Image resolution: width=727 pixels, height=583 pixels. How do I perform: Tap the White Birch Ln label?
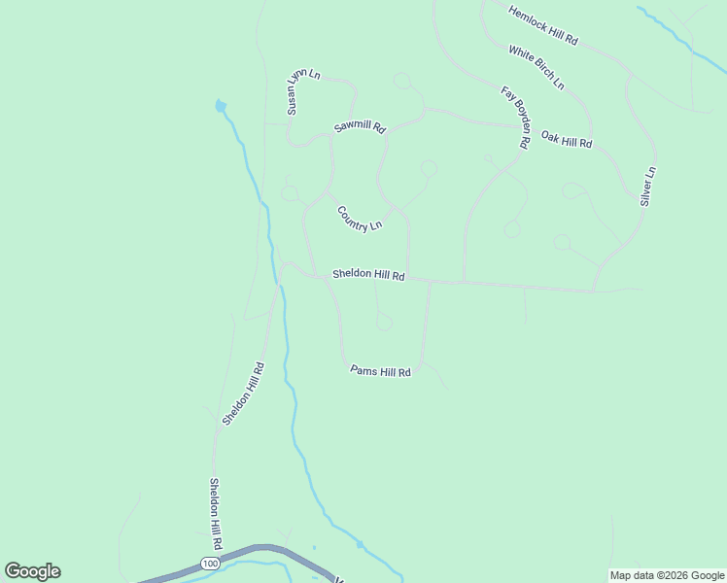click(536, 67)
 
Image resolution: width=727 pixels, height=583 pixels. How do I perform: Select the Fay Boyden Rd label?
click(514, 118)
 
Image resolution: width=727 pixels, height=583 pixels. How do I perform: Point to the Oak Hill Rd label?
click(567, 140)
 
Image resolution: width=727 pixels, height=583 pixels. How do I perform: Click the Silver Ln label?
click(648, 186)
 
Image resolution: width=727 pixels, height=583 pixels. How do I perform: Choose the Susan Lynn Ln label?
click(302, 92)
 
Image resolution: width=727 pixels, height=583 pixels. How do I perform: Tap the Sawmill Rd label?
click(360, 127)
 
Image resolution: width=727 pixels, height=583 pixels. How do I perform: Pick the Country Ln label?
click(360, 218)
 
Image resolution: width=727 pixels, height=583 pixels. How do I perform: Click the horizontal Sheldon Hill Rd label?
click(368, 275)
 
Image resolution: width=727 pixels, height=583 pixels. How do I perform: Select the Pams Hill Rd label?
click(381, 371)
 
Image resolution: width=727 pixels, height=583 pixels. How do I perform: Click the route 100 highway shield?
click(210, 564)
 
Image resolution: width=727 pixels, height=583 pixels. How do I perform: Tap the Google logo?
click(32, 571)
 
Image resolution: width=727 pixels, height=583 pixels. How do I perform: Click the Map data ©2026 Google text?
click(667, 575)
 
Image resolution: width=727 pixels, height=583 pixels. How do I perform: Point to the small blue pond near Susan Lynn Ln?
click(221, 105)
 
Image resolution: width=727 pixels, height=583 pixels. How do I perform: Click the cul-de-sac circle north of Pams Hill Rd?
click(384, 322)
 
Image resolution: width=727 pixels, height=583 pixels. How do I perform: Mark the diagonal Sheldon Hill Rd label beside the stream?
click(243, 394)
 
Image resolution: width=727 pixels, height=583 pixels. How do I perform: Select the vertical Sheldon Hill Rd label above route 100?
click(217, 514)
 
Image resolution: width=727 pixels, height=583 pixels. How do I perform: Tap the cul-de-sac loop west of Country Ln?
click(290, 192)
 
